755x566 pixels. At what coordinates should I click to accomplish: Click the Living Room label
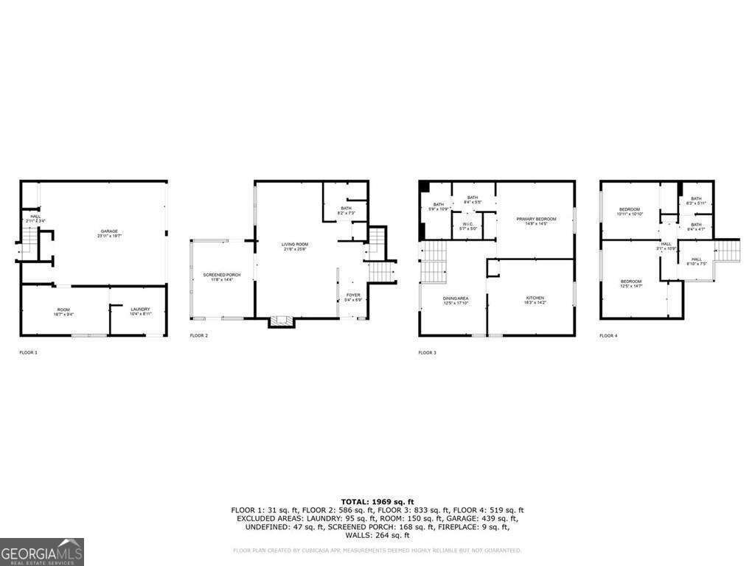(294, 246)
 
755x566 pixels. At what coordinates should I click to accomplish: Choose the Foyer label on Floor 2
(353, 297)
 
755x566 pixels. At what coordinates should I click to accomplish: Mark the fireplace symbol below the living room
(280, 321)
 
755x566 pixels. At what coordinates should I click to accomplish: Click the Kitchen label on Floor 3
(535, 300)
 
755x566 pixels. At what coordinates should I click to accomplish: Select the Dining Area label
(456, 300)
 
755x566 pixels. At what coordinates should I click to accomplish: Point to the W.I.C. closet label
(467, 226)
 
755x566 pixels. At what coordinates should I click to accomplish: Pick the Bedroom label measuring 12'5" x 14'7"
(630, 283)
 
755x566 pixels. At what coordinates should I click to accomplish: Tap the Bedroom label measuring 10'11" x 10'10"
(630, 211)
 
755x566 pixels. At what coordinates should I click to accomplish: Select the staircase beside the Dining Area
(434, 262)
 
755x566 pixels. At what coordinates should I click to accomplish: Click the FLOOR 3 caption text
(427, 353)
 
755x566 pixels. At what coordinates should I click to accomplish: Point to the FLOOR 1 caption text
(28, 353)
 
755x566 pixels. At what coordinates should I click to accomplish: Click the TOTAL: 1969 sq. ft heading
(377, 501)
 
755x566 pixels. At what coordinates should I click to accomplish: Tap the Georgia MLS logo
(42, 552)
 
